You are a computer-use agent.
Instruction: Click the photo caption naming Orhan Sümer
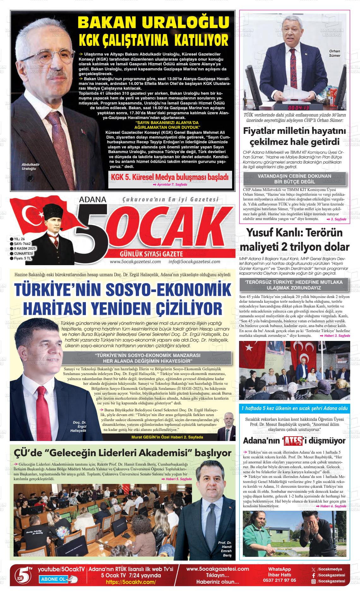point(334,53)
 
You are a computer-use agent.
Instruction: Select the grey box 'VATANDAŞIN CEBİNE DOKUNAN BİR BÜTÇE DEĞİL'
point(294,179)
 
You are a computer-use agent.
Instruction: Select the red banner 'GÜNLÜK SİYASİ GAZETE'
point(152,254)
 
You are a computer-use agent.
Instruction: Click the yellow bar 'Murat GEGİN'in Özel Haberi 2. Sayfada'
point(167,437)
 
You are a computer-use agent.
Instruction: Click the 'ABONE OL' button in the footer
point(54,579)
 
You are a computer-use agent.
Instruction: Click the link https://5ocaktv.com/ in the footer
point(131,582)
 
